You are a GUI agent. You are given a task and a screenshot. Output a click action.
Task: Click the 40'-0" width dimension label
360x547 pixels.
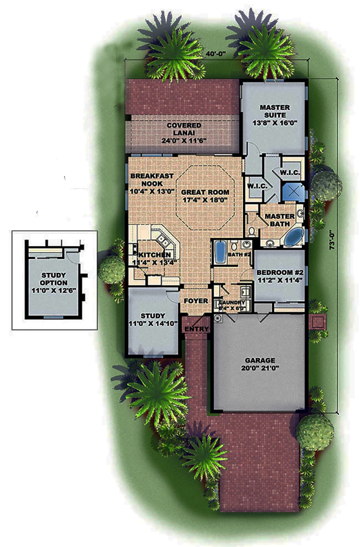tap(216, 54)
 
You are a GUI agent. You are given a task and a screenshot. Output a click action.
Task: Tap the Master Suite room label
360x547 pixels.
tap(274, 111)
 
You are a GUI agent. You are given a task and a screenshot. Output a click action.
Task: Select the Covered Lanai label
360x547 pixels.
tap(184, 129)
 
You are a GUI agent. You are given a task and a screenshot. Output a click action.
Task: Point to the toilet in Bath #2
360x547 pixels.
tap(234, 247)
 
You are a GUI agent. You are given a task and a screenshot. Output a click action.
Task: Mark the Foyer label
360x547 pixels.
tap(196, 301)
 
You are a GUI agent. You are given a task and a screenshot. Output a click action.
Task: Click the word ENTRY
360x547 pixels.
tap(197, 329)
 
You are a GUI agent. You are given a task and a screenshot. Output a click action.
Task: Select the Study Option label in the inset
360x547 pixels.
tap(53, 279)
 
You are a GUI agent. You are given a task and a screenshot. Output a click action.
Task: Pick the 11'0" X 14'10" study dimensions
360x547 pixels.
tap(153, 324)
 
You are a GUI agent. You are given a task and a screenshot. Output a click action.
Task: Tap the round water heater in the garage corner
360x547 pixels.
tap(218, 318)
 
